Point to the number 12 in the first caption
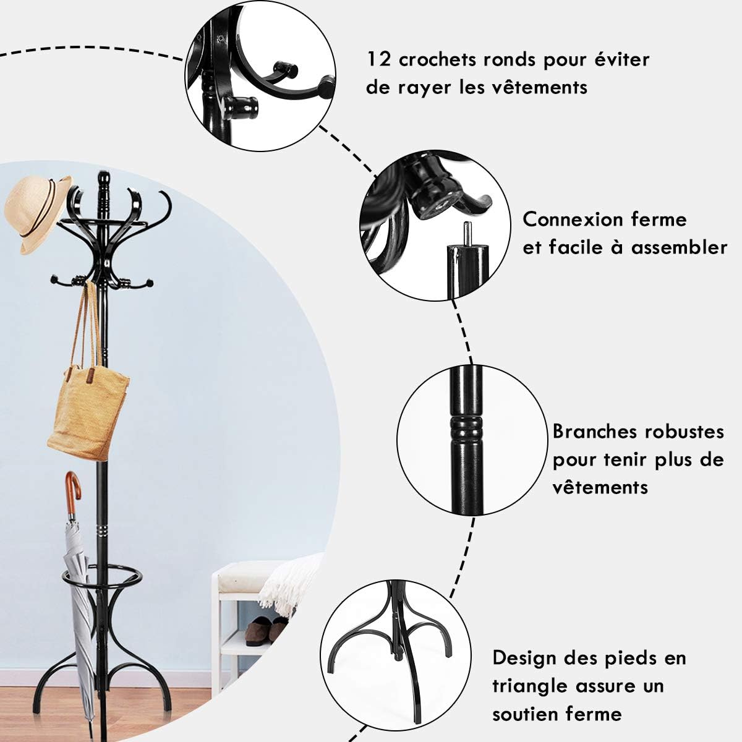click(x=379, y=60)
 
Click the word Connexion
click(x=574, y=220)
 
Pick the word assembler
click(x=679, y=247)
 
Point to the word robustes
click(x=684, y=432)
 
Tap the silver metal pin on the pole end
click(x=467, y=234)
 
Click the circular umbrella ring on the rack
click(x=101, y=578)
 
